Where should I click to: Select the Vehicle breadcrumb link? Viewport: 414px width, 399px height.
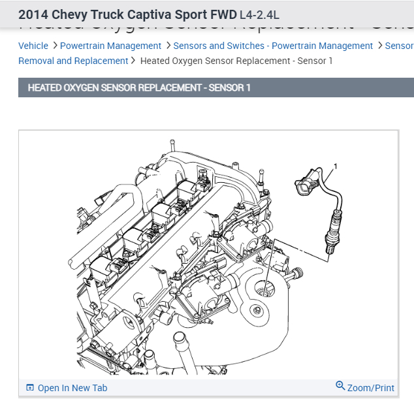point(33,46)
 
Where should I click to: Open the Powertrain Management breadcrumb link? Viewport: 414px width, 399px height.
point(110,46)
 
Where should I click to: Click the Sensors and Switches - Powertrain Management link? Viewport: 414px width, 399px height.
point(273,46)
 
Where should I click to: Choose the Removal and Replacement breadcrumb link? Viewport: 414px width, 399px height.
point(73,61)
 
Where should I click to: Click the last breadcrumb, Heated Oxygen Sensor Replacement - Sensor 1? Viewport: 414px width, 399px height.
point(236,61)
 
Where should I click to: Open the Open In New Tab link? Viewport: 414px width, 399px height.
point(72,388)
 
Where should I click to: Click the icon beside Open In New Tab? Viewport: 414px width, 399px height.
point(29,388)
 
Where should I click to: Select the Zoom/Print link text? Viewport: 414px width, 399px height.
point(370,388)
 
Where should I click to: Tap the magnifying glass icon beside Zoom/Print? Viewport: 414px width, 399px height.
point(340,386)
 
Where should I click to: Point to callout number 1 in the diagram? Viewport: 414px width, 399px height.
point(336,167)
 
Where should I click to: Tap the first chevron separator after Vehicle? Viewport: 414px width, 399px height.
point(54,46)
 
